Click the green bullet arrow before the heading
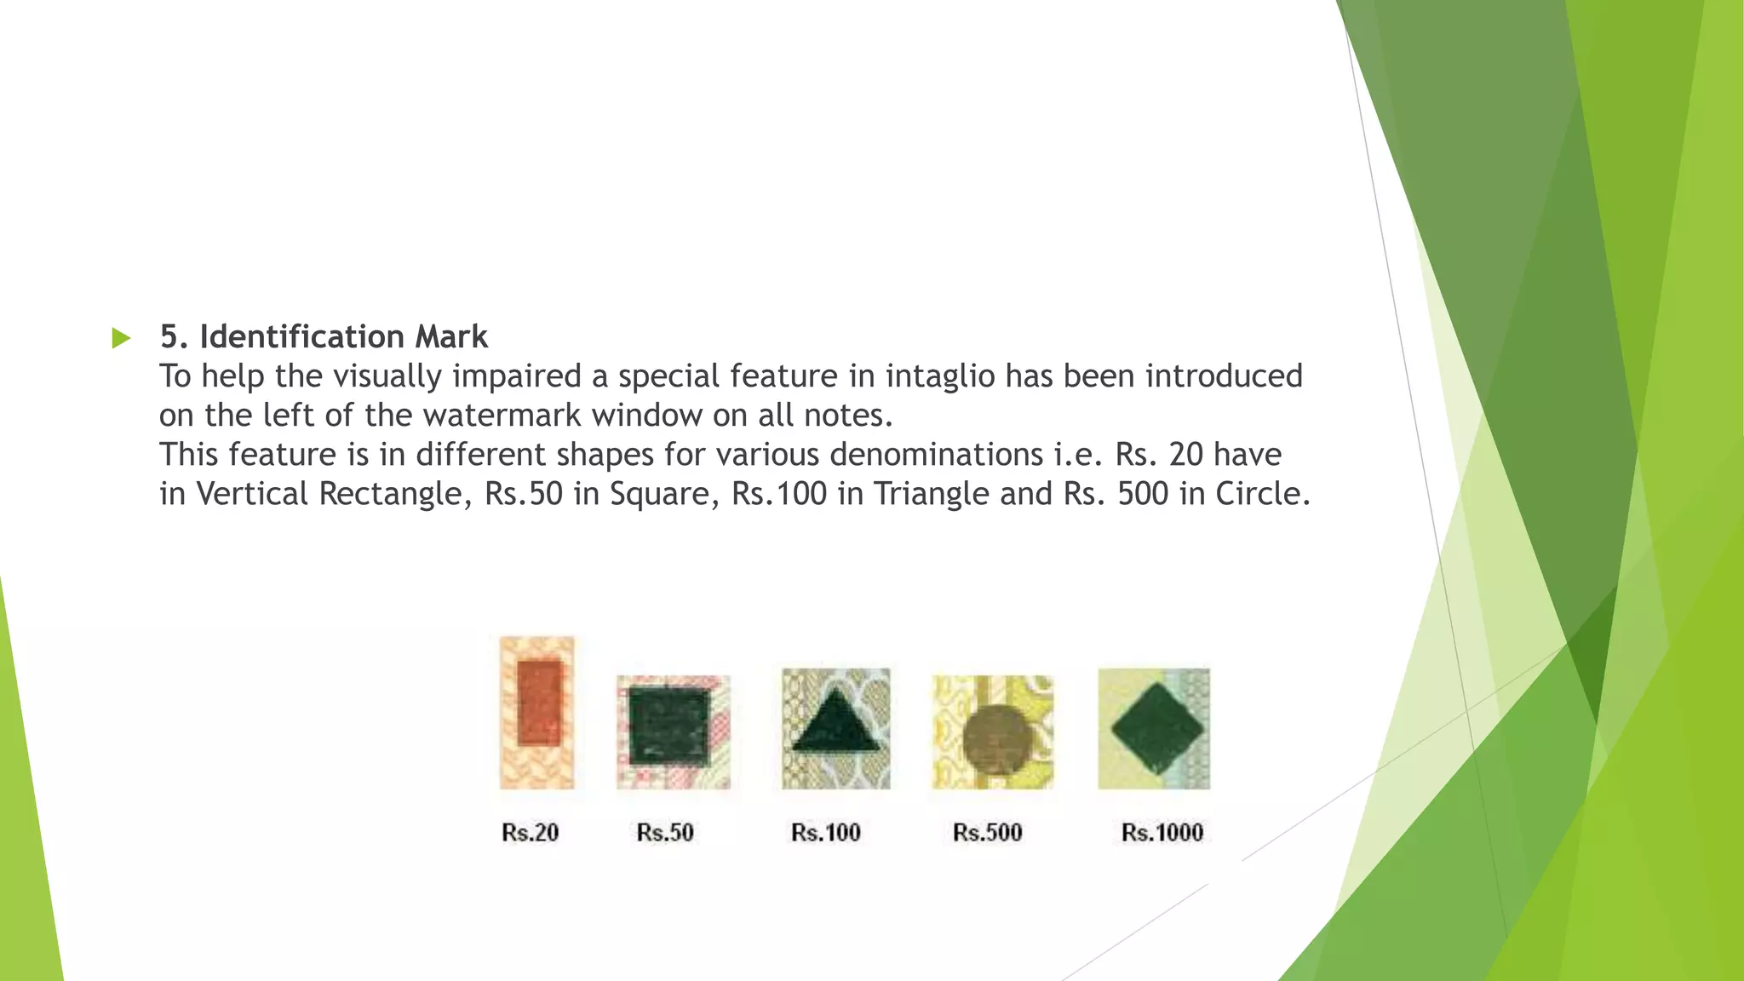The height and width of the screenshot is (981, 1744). point(121,338)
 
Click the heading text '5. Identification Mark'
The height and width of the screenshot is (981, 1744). point(324,337)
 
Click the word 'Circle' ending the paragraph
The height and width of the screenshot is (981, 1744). point(1262,494)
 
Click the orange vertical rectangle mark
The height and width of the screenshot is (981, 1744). point(538,703)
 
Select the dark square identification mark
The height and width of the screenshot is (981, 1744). point(668,726)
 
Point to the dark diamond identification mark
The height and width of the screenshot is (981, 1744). point(1156,729)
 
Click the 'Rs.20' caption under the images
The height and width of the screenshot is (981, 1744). point(530,833)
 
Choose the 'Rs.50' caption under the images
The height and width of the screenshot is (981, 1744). point(665,833)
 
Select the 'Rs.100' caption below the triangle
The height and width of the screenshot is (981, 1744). point(825,833)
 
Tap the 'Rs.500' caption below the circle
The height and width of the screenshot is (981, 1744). point(987,833)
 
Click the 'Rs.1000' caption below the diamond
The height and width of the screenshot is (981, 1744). point(1162,833)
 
